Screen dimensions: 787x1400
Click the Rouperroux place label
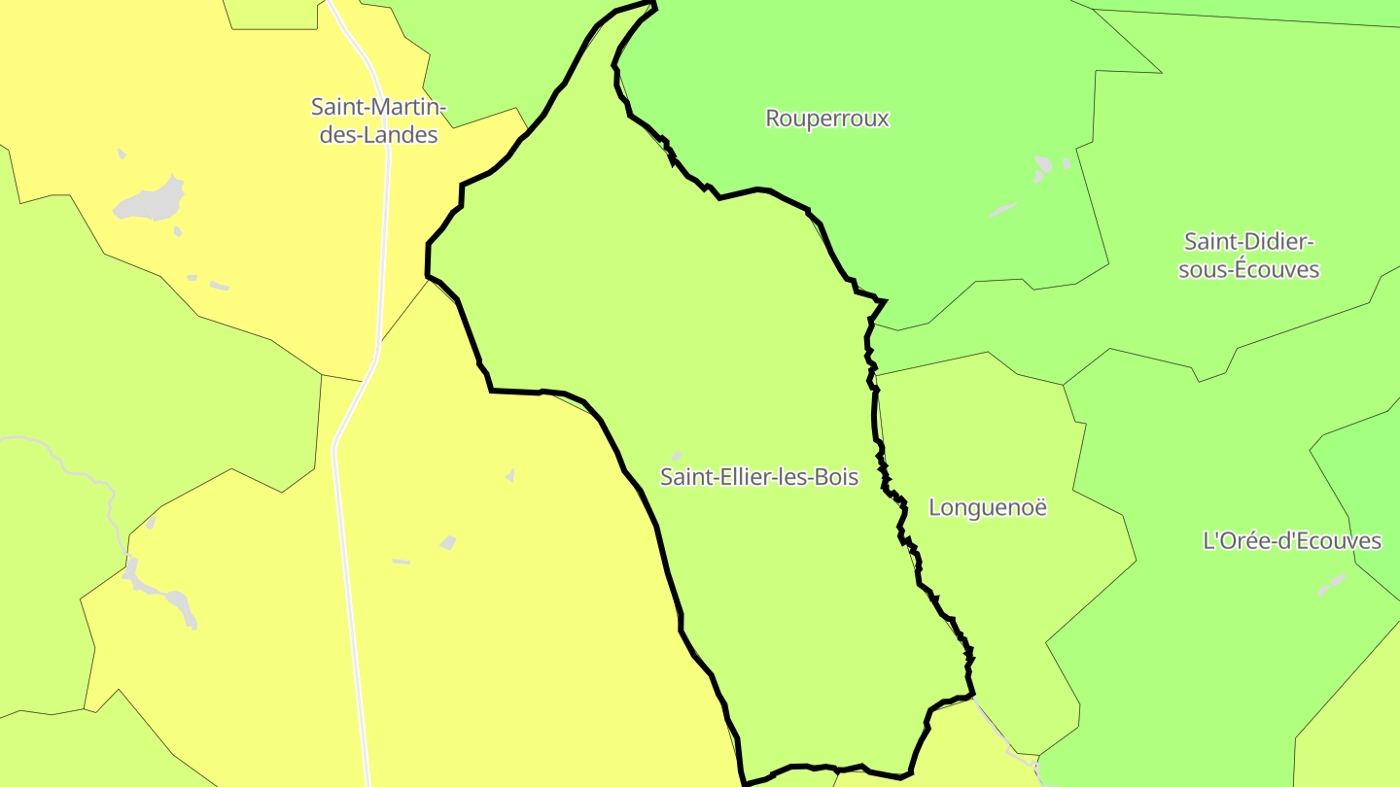click(827, 119)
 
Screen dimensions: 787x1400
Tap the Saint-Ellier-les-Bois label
click(759, 477)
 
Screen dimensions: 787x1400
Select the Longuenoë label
click(988, 507)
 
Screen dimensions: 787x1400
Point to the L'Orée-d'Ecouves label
click(1292, 541)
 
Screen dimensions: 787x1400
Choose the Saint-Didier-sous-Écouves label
click(1248, 255)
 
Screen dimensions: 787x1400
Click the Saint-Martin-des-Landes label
click(378, 120)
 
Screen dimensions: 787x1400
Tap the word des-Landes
click(378, 135)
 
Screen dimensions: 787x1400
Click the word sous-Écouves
click(1248, 270)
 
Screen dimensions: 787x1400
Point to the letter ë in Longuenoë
click(1040, 507)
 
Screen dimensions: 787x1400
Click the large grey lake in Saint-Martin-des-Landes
click(151, 201)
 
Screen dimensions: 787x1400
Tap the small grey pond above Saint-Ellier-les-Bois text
click(677, 455)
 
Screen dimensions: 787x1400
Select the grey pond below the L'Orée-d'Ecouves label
click(1331, 584)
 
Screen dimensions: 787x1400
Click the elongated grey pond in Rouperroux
click(1002, 209)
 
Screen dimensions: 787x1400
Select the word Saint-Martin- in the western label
click(378, 106)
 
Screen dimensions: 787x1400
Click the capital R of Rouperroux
click(774, 119)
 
